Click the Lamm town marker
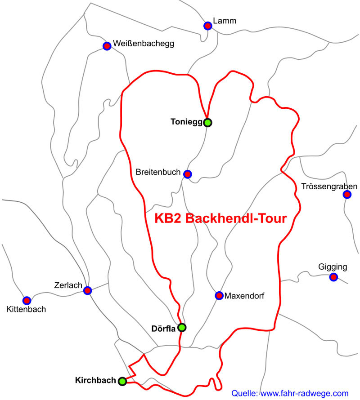pyautogui.click(x=207, y=26)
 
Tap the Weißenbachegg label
pyautogui.click(x=144, y=44)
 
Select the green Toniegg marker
pyautogui.click(x=207, y=122)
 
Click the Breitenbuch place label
pyautogui.click(x=158, y=173)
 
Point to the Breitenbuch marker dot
pyautogui.click(x=187, y=174)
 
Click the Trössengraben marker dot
pyautogui.click(x=347, y=194)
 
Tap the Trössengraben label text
pyautogui.click(x=330, y=186)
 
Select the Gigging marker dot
pyautogui.click(x=333, y=277)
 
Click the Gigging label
pyautogui.click(x=333, y=267)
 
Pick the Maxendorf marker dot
pyautogui.click(x=219, y=295)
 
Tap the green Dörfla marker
pyautogui.click(x=182, y=328)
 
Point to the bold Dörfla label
pyautogui.click(x=163, y=329)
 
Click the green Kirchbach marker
pyautogui.click(x=122, y=381)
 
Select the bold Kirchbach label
pyautogui.click(x=95, y=380)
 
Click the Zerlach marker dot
pyautogui.click(x=87, y=290)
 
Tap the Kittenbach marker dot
pyautogui.click(x=27, y=300)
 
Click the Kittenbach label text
pyautogui.click(x=27, y=309)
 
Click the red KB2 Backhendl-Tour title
pyautogui.click(x=220, y=219)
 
